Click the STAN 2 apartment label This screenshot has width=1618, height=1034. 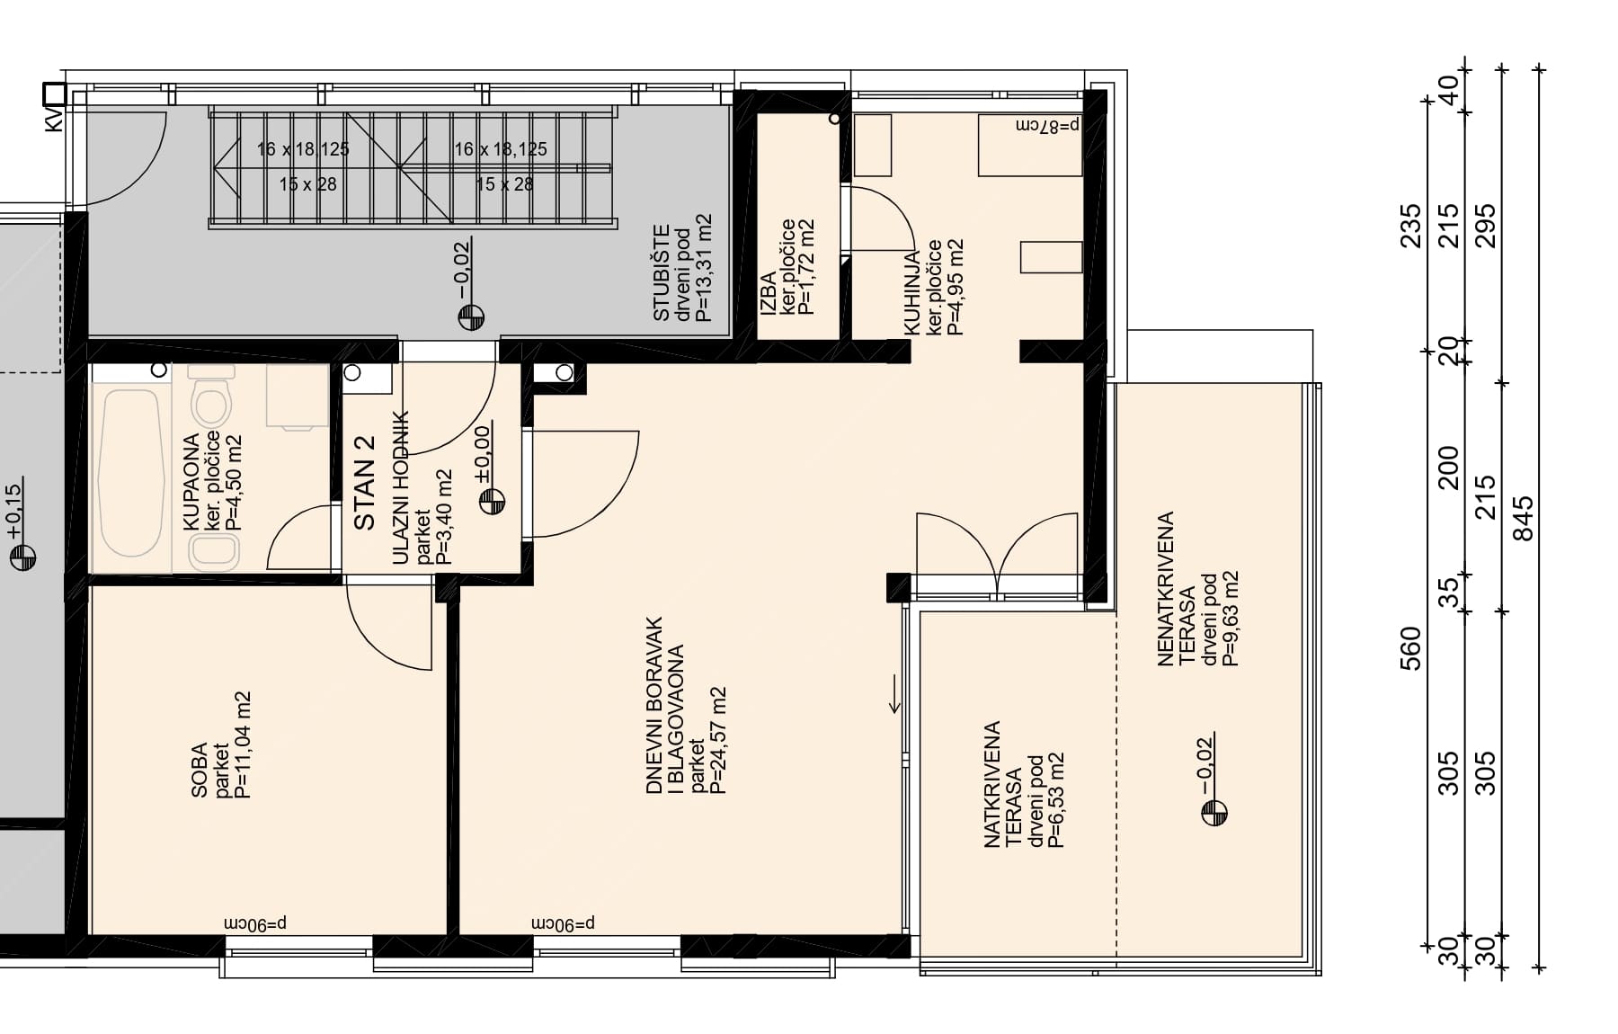click(364, 483)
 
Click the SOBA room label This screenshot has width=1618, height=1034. click(200, 770)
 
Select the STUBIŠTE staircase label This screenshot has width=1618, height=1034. click(662, 272)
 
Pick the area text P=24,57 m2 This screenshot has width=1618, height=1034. click(717, 741)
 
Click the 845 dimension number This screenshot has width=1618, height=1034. click(1524, 519)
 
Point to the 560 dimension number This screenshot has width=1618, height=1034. click(1411, 648)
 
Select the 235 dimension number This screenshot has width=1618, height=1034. click(1411, 226)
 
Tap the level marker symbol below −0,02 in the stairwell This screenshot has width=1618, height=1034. click(471, 317)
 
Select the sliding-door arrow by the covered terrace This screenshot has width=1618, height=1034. click(895, 694)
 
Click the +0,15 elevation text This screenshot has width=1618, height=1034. click(13, 513)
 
